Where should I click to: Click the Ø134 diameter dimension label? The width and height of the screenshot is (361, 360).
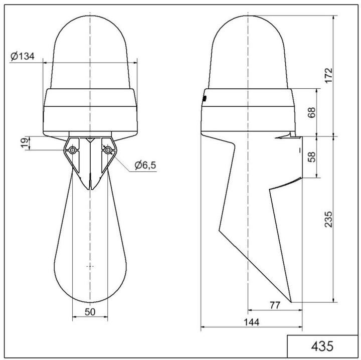click(23, 56)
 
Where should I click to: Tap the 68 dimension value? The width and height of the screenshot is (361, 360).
click(311, 112)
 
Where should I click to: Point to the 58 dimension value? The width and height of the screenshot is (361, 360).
click(311, 156)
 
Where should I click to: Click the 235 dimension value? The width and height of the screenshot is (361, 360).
click(328, 219)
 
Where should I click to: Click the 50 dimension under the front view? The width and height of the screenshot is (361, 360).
click(90, 312)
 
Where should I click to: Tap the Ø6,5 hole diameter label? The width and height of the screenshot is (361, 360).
click(145, 165)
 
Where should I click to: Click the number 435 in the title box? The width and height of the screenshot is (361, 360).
click(322, 346)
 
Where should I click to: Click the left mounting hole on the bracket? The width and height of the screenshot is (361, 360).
click(73, 150)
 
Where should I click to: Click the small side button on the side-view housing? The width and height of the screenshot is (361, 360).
click(204, 98)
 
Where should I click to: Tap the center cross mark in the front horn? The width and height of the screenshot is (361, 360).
click(90, 265)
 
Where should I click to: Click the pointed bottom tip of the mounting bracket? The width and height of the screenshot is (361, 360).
click(90, 189)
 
